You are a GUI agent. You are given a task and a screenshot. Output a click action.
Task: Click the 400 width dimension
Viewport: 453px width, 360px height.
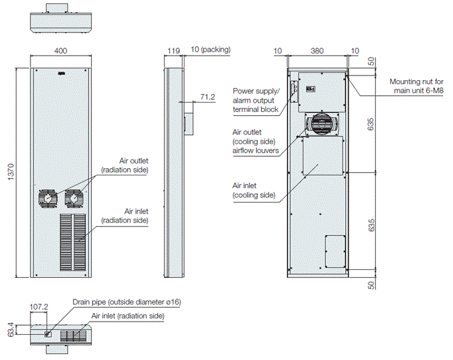click(x=60, y=51)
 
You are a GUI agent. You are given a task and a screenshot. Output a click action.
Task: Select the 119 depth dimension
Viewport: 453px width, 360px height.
click(x=174, y=50)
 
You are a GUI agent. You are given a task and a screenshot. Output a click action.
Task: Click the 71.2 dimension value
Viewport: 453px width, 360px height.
click(x=208, y=97)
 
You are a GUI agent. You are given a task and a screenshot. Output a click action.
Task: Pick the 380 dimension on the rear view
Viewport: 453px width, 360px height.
click(x=317, y=50)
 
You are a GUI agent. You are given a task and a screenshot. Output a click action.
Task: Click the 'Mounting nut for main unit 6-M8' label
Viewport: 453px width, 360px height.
click(x=417, y=86)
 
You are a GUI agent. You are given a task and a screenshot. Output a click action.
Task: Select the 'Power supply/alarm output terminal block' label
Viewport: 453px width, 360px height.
click(x=256, y=100)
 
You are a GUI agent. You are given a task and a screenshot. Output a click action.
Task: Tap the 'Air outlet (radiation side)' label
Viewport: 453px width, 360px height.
click(x=124, y=165)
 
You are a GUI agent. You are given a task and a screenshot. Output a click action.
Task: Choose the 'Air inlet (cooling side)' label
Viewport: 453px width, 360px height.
click(x=253, y=191)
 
